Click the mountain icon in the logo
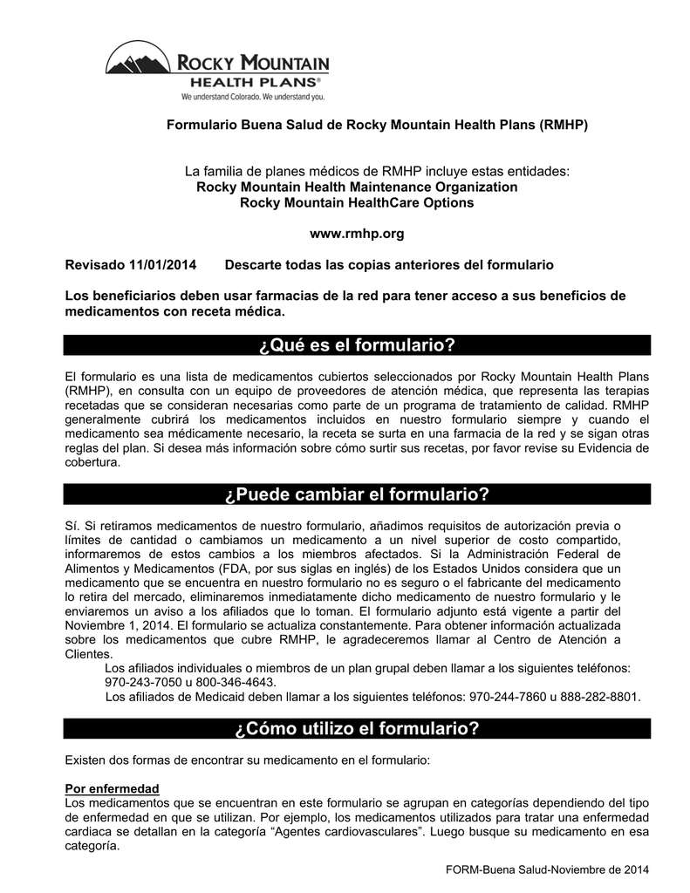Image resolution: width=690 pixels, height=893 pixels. [140, 63]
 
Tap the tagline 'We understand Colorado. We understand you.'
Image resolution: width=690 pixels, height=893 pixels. [252, 96]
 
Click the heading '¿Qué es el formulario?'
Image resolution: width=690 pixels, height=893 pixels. [358, 346]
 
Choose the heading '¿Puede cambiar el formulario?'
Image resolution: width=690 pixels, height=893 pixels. [358, 495]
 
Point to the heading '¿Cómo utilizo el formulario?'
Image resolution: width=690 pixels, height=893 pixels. [358, 728]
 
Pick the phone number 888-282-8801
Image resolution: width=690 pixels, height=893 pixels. [602, 697]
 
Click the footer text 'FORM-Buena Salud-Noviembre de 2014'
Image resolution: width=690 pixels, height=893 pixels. [547, 870]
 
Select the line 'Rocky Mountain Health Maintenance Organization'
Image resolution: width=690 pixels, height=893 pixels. [357, 187]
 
